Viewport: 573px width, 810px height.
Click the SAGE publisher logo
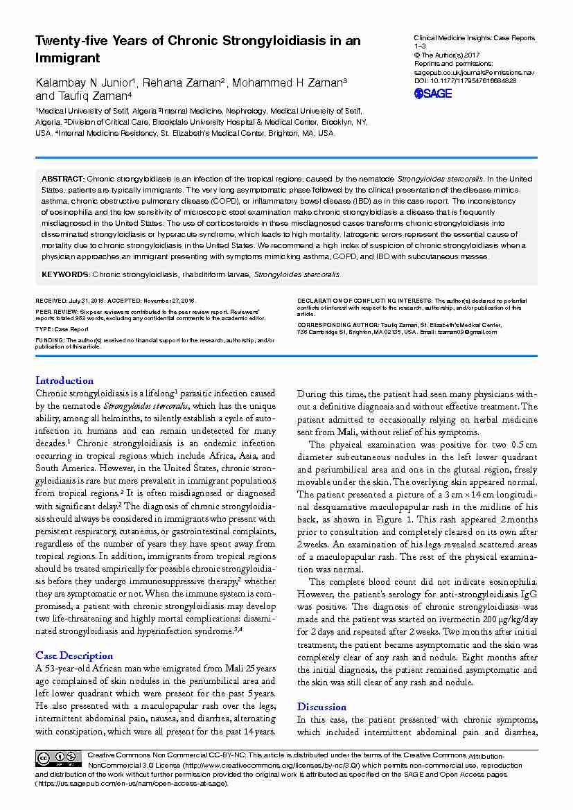432,94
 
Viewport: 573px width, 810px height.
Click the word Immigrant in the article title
67,58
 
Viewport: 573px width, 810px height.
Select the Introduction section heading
64,380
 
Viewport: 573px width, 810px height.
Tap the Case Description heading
74,655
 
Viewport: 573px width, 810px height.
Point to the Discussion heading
321,707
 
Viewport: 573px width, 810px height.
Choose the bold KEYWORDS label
65,274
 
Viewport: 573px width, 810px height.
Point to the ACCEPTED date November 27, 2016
169,301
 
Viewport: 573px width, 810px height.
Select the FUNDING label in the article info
50,341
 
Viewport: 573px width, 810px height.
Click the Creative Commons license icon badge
59,759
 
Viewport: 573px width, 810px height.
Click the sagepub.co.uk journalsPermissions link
474,72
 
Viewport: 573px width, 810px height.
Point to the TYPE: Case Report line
62,329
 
